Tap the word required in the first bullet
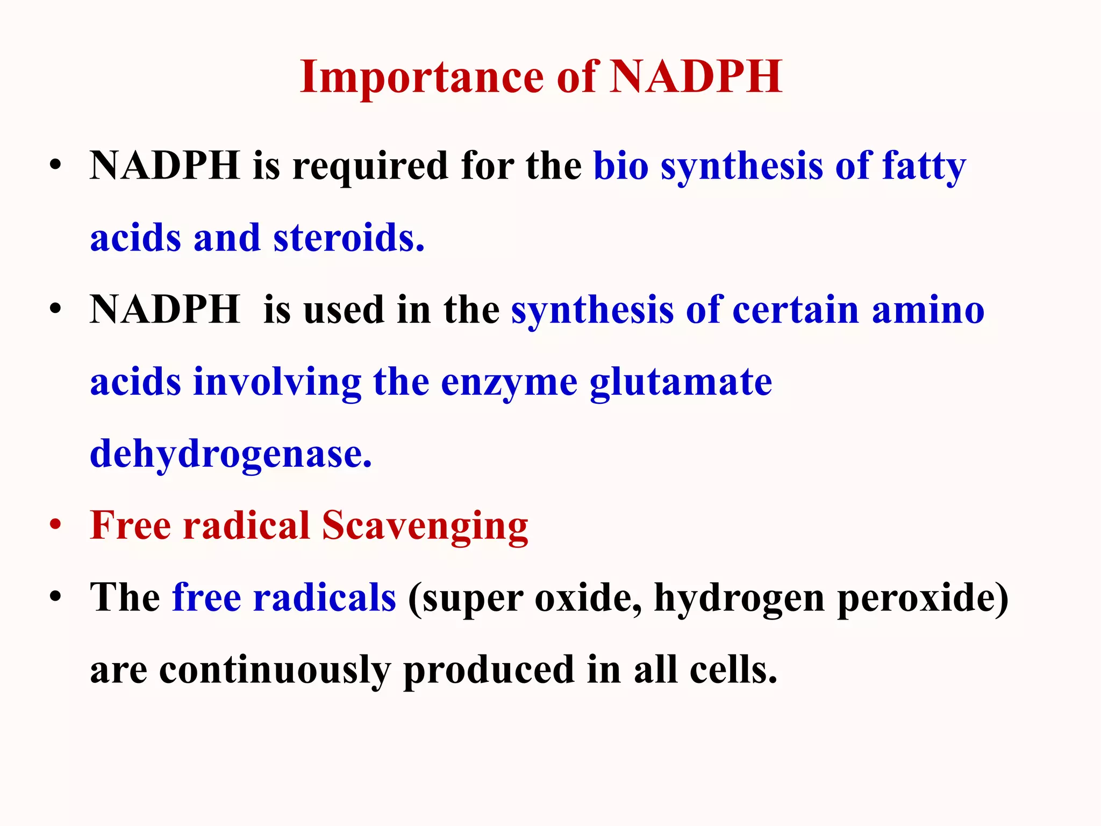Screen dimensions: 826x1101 click(x=370, y=166)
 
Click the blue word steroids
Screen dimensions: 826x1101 click(x=349, y=238)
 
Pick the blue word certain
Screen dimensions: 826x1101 click(x=796, y=310)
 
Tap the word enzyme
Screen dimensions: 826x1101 click(x=509, y=383)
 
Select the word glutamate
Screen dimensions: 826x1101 click(x=681, y=383)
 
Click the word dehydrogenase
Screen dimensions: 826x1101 click(x=231, y=454)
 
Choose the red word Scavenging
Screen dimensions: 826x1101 click(x=425, y=526)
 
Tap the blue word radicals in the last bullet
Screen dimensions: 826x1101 click(x=324, y=597)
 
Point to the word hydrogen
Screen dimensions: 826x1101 click(x=739, y=599)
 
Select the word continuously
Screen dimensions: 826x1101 click(x=275, y=671)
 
